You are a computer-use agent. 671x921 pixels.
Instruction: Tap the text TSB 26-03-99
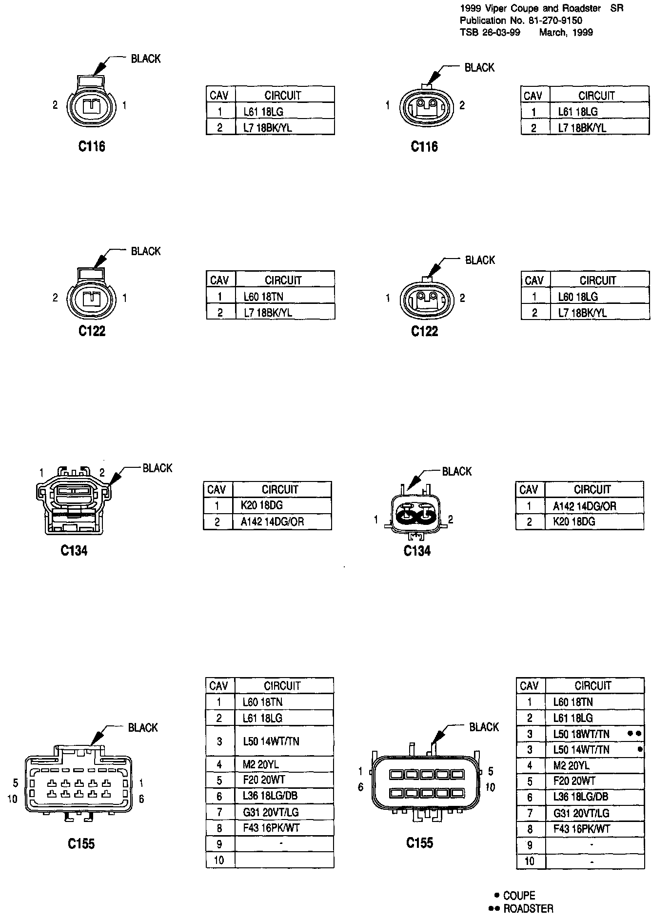click(x=490, y=32)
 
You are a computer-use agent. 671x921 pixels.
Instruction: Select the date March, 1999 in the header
click(x=566, y=32)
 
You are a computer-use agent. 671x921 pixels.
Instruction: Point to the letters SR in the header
click(x=617, y=8)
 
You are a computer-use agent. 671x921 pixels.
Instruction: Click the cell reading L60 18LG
click(x=578, y=297)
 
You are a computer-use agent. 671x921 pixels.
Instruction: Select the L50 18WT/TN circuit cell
click(x=581, y=734)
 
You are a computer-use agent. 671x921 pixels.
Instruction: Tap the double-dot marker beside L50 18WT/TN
click(x=634, y=733)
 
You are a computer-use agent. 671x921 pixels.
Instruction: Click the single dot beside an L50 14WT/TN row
click(x=640, y=749)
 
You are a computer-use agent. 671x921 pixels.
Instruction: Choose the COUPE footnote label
click(x=519, y=896)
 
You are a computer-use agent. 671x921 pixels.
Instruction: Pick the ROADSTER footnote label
click(x=528, y=909)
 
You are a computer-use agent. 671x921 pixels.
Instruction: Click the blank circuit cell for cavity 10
click(x=284, y=860)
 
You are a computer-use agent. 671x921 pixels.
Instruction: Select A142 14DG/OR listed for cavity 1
click(x=584, y=506)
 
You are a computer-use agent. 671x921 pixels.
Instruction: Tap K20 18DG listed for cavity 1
click(x=262, y=505)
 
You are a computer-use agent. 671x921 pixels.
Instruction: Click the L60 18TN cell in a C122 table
click(x=263, y=297)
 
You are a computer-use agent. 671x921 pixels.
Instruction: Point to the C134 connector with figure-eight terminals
click(x=414, y=518)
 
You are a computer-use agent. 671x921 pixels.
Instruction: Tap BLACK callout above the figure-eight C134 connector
click(x=456, y=471)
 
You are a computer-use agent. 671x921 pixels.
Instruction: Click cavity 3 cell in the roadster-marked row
click(x=530, y=734)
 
